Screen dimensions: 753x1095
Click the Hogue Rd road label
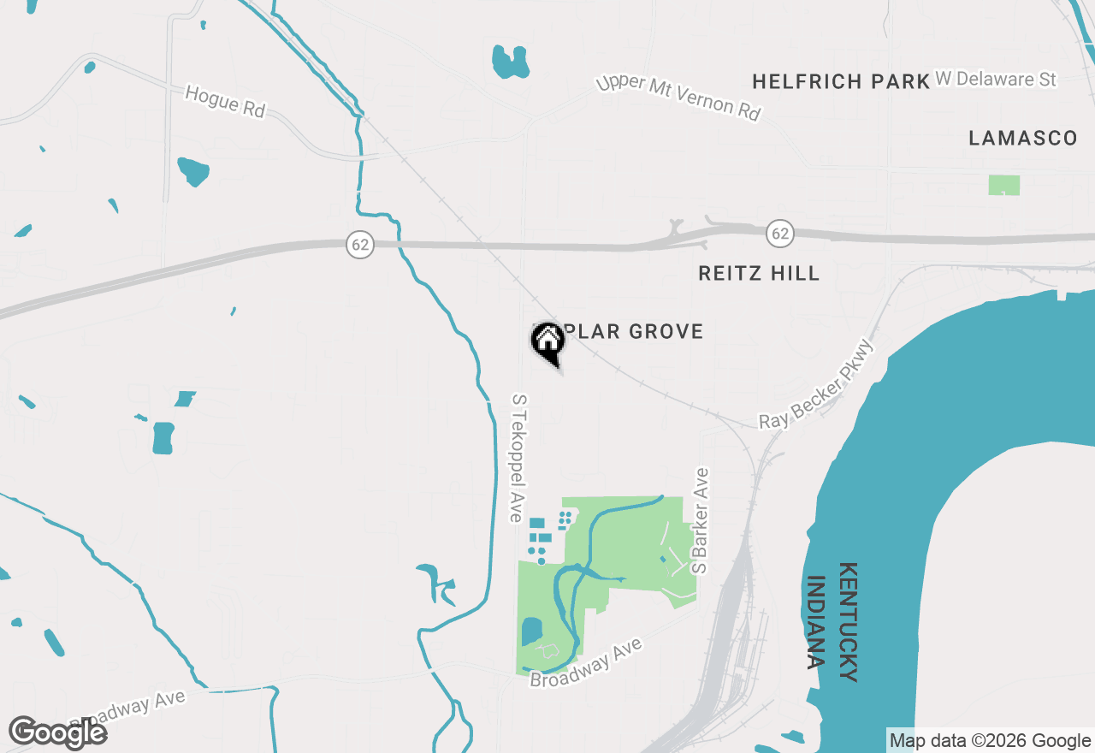pos(226,102)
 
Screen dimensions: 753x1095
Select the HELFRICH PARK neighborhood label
pos(841,81)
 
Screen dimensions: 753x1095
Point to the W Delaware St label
pos(996,80)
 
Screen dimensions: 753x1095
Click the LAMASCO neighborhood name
pos(1023,139)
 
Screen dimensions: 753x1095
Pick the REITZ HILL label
pos(759,273)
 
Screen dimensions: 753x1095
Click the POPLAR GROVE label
pos(633,332)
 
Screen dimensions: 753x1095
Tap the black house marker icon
pos(548,342)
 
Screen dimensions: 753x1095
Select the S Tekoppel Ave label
pos(517,458)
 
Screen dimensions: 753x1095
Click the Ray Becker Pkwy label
pos(819,385)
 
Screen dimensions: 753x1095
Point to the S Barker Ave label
pos(701,520)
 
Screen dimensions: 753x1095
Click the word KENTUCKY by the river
pos(848,622)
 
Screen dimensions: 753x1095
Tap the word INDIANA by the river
pos(816,622)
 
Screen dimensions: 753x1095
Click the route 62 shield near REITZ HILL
pos(779,233)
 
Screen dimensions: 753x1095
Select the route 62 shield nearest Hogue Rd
pos(360,245)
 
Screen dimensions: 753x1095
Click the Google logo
pos(58,732)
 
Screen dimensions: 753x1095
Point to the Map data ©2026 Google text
pos(990,741)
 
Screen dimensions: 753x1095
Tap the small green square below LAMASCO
pos(1003,185)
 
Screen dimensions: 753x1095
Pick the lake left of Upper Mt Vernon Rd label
pos(511,62)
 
